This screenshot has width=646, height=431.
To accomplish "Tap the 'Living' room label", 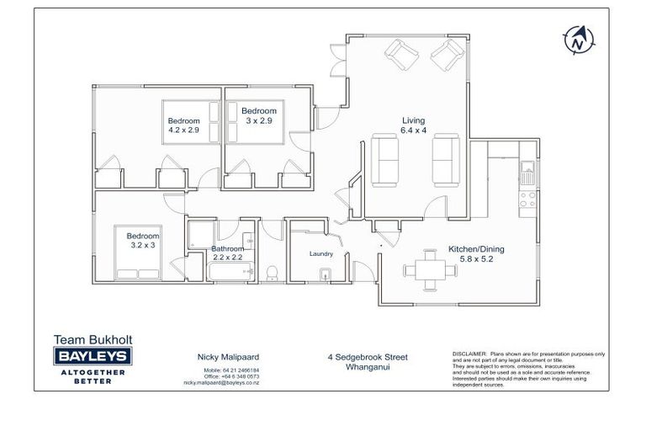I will [x=413, y=120].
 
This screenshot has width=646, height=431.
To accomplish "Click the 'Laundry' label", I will [x=321, y=253].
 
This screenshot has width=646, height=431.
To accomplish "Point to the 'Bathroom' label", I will [x=227, y=249].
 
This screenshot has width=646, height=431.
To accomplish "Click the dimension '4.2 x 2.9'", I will [x=183, y=130].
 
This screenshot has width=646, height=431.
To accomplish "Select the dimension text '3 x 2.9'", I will [x=259, y=121].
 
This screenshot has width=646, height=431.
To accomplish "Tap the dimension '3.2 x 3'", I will [x=142, y=245].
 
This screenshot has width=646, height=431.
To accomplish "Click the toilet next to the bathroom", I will [x=272, y=272].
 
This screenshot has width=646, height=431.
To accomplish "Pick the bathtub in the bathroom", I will [x=230, y=270].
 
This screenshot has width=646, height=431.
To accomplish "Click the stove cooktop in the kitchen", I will [x=527, y=200].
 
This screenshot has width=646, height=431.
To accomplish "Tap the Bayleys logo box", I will [x=93, y=357].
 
